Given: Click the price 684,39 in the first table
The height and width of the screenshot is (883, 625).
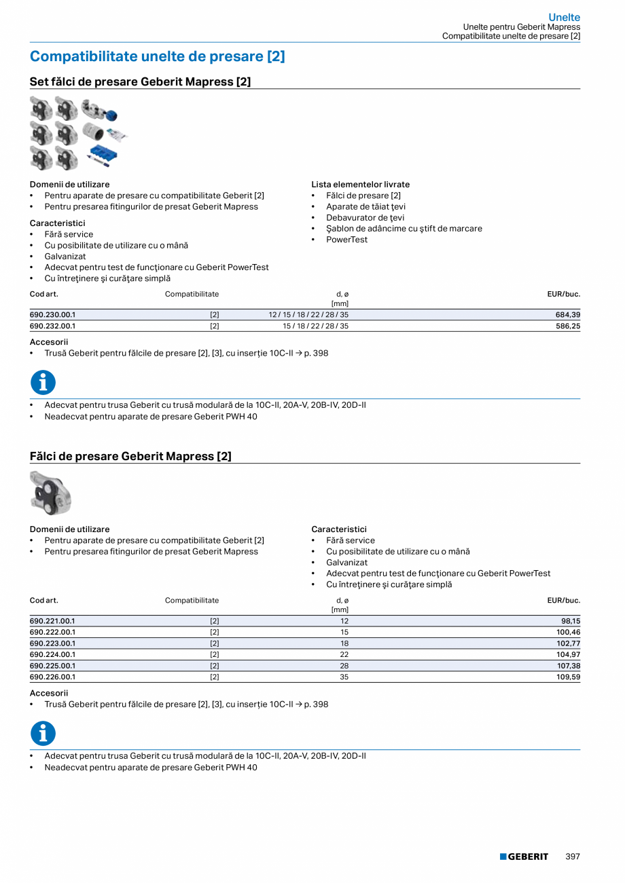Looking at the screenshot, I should click(568, 315).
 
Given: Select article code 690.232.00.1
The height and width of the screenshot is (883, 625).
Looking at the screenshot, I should click(52, 326).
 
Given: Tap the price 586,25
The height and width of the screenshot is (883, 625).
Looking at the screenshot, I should click(568, 326).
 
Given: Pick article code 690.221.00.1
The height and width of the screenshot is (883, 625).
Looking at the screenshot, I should click(52, 621).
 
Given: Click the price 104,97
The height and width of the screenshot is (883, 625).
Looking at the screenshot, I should click(568, 654).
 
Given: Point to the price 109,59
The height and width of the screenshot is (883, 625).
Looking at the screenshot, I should click(568, 677).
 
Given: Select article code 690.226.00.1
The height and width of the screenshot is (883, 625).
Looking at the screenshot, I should click(52, 677).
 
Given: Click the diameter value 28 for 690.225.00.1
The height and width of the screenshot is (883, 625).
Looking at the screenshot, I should click(344, 666).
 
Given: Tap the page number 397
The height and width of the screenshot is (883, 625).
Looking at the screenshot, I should click(573, 857).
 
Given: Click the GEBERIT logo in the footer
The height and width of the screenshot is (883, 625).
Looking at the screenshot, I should click(524, 857).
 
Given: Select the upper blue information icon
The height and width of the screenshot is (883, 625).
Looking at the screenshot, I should click(43, 383).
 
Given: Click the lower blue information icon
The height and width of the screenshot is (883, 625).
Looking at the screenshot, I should click(43, 734).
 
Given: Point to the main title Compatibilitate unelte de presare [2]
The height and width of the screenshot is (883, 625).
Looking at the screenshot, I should click(157, 56).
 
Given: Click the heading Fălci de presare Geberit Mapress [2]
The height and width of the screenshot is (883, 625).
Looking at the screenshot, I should click(130, 457).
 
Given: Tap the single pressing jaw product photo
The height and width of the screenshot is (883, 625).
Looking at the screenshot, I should click(50, 493).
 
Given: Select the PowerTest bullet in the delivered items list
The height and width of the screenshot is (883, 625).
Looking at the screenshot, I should click(346, 240).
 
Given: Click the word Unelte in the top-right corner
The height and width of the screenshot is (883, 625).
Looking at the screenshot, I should click(564, 18).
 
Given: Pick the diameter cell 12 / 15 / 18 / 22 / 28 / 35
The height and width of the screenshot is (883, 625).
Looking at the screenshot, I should click(308, 315).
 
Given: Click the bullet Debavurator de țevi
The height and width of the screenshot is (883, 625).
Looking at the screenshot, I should click(365, 218).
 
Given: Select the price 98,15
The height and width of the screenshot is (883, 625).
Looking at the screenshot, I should click(571, 621).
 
